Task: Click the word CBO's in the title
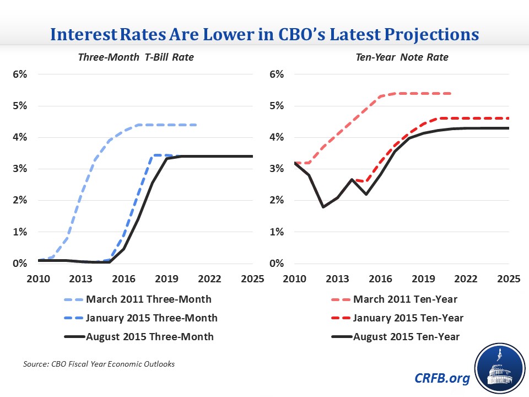pos(301,34)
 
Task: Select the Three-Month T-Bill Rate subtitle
pos(136,57)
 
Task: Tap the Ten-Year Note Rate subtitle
pos(402,57)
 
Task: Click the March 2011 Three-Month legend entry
pos(138,299)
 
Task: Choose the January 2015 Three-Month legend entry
pos(141,318)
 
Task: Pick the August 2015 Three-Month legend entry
pos(139,336)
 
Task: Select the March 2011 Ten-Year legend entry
pos(395,299)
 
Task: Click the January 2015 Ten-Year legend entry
pos(397,318)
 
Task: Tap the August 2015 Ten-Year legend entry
pos(396,336)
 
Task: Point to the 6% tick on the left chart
pos(20,74)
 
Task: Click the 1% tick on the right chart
pos(276,232)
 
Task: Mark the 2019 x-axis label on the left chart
pos(166,279)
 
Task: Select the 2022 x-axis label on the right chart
pos(466,279)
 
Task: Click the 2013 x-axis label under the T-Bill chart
pos(80,279)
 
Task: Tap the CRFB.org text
pos(442,378)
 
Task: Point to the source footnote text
pos(99,364)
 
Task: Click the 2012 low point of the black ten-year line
pos(323,207)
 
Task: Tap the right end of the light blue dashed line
pos(196,125)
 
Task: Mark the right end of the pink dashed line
pos(451,94)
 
